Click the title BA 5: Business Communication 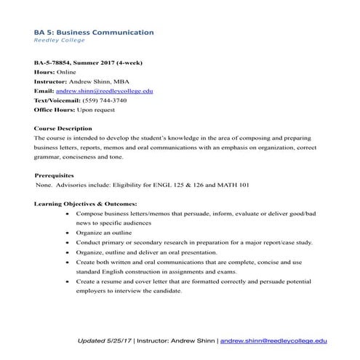coord(94,32)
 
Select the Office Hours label coord(58,110)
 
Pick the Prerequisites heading coord(54,175)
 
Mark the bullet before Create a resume coord(68,280)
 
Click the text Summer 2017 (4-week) coord(113,63)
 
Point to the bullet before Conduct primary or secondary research coord(68,242)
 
